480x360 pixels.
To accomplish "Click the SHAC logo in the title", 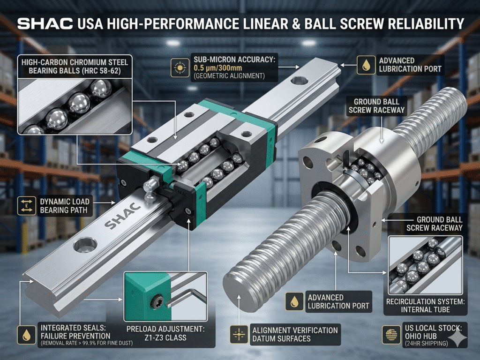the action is (x=45, y=24).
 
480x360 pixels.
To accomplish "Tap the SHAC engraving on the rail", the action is (x=122, y=216).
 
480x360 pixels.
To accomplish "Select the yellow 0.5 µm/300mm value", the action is (x=217, y=67).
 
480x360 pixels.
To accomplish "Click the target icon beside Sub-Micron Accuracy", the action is (x=180, y=67).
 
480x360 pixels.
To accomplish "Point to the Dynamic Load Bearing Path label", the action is (x=65, y=206).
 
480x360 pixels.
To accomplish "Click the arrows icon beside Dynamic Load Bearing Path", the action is (x=27, y=205).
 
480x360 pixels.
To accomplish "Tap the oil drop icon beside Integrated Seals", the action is (x=27, y=335).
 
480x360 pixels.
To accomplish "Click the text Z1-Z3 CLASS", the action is (x=165, y=337).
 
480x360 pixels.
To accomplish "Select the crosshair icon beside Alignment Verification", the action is (x=239, y=334).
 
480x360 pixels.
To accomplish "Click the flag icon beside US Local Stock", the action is (x=391, y=334).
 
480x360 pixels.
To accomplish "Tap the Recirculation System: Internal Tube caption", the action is (x=425, y=306).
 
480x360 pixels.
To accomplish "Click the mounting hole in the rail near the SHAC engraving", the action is (x=85, y=246).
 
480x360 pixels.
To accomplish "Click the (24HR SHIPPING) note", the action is (x=426, y=344).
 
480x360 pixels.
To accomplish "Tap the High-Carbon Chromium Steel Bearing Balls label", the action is (x=75, y=67).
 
